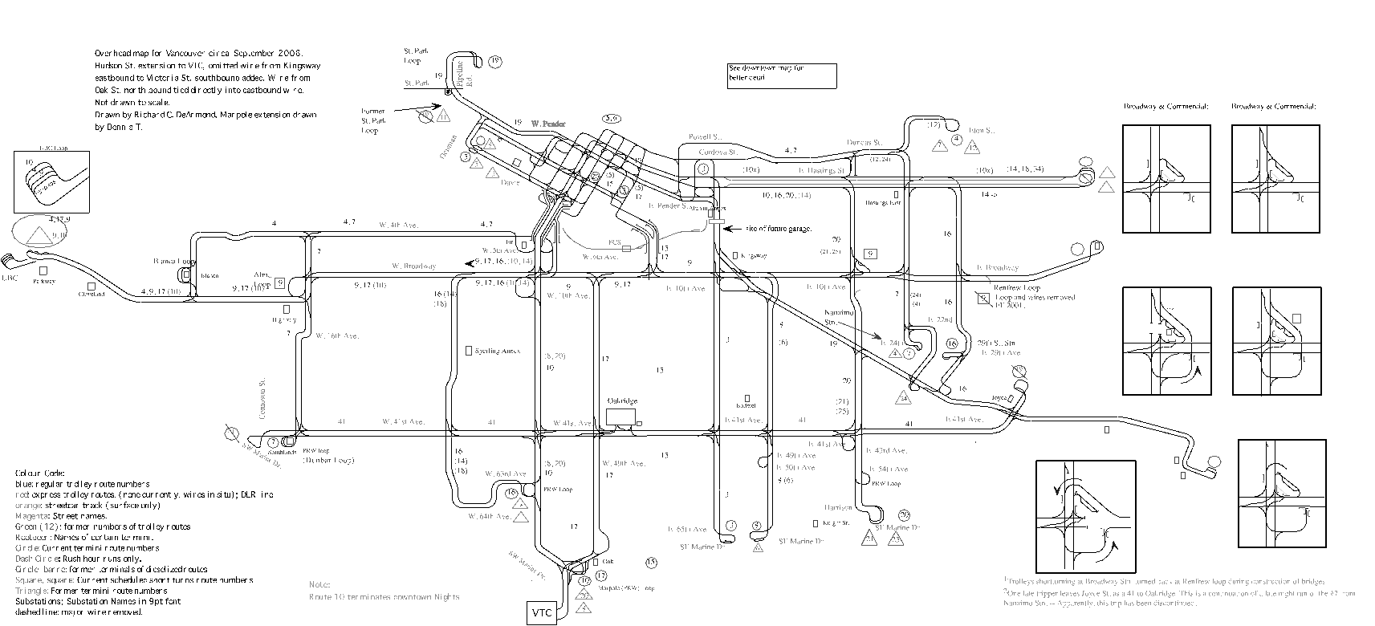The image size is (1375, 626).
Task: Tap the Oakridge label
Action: (x=621, y=401)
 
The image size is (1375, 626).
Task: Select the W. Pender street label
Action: (x=548, y=124)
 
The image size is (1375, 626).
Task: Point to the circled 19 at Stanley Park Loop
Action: (x=495, y=61)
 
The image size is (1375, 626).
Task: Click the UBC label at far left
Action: (x=10, y=278)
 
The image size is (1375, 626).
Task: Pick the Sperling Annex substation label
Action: (x=498, y=351)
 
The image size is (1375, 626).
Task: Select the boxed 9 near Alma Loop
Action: (x=279, y=283)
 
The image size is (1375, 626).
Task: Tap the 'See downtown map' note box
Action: (x=782, y=75)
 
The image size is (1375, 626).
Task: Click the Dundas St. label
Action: (x=864, y=143)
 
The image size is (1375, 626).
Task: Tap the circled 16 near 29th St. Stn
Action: (x=952, y=343)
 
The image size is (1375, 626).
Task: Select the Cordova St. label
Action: (x=716, y=151)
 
